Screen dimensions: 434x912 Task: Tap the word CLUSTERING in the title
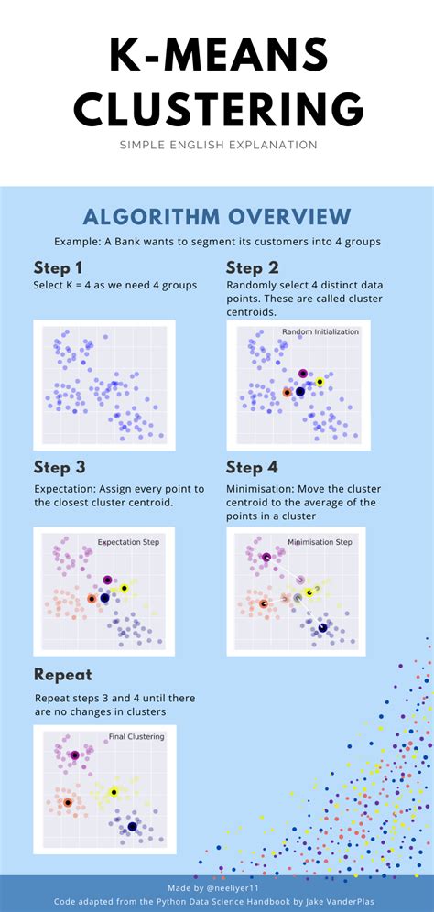coord(219,109)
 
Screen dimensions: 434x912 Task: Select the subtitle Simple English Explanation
coord(219,145)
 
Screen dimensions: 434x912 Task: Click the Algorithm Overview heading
coord(217,216)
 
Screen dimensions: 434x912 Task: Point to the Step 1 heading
coord(58,268)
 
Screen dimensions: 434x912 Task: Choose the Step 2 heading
coord(252,268)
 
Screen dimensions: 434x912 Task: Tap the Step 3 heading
coord(60,468)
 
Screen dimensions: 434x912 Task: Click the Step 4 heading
coord(252,468)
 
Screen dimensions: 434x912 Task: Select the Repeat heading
coord(63,675)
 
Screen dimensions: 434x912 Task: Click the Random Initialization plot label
coord(320,331)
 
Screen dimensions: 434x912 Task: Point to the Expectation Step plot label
coord(128,542)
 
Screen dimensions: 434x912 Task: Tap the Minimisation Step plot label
coord(320,542)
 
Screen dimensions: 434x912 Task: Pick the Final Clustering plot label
coord(136,737)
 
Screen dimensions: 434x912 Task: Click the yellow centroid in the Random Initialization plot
coord(320,382)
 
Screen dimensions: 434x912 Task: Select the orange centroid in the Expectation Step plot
coord(92,599)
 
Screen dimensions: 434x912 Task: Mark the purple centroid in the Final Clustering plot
coord(74,755)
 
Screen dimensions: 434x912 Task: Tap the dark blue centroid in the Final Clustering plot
coord(132,826)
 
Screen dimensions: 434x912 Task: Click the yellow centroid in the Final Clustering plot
coord(114,792)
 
